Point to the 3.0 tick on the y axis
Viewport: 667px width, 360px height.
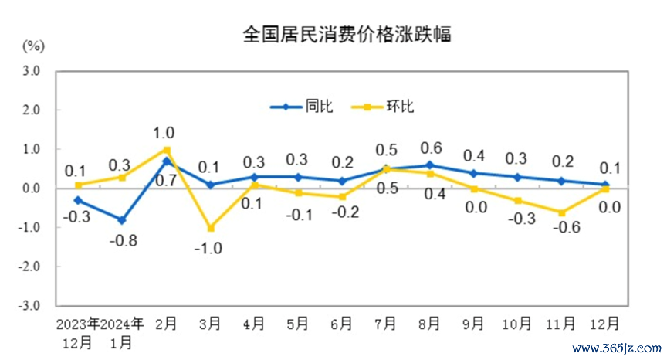(x=31, y=71)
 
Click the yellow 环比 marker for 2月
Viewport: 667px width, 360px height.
(x=166, y=149)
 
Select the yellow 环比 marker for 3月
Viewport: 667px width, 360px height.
(x=210, y=228)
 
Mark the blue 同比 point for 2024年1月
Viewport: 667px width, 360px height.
(x=122, y=220)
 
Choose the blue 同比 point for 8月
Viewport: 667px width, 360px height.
(x=430, y=165)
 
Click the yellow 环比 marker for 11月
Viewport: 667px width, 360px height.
(x=562, y=212)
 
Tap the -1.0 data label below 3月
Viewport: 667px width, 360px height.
(x=210, y=248)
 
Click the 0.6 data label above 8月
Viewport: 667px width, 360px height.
(x=431, y=147)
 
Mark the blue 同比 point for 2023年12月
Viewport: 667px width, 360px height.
(x=78, y=200)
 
